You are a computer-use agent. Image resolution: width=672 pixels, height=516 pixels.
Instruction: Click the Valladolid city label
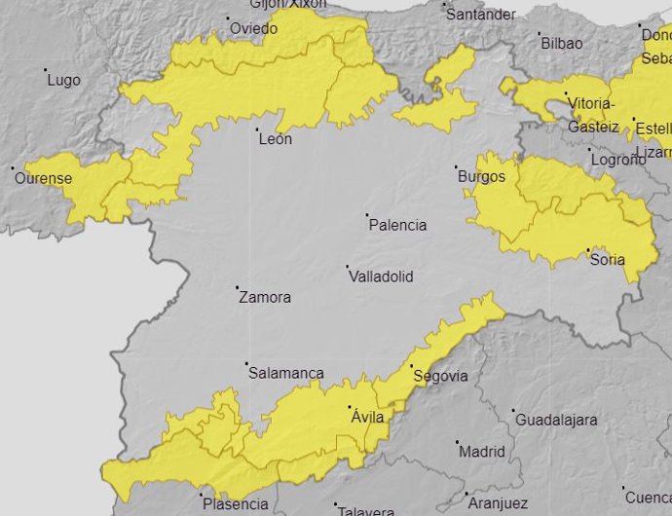tap(381, 276)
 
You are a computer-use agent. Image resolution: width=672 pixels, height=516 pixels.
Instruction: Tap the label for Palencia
tap(397, 225)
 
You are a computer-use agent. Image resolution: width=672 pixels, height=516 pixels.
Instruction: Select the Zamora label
tap(264, 297)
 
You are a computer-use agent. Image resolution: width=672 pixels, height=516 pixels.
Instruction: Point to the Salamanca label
tap(285, 373)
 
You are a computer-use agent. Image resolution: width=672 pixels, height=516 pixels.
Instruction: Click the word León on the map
tap(275, 139)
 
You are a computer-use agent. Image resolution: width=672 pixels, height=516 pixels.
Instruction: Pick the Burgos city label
tap(481, 176)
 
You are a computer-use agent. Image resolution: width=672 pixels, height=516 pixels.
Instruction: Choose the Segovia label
tap(440, 376)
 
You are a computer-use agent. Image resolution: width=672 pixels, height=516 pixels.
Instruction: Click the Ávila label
tap(367, 417)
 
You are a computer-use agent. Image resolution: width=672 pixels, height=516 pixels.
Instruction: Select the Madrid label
tap(481, 452)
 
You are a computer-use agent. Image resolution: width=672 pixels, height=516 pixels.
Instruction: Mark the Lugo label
tap(63, 80)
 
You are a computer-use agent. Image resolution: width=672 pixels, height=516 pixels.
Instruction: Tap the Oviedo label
tap(253, 28)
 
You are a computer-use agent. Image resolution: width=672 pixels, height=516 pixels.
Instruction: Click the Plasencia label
tap(234, 503)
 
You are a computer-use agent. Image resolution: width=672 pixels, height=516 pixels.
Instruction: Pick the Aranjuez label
tap(498, 503)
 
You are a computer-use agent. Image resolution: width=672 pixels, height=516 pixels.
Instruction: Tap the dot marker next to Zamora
tap(237, 287)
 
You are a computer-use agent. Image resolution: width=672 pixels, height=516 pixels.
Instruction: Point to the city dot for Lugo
tap(46, 70)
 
